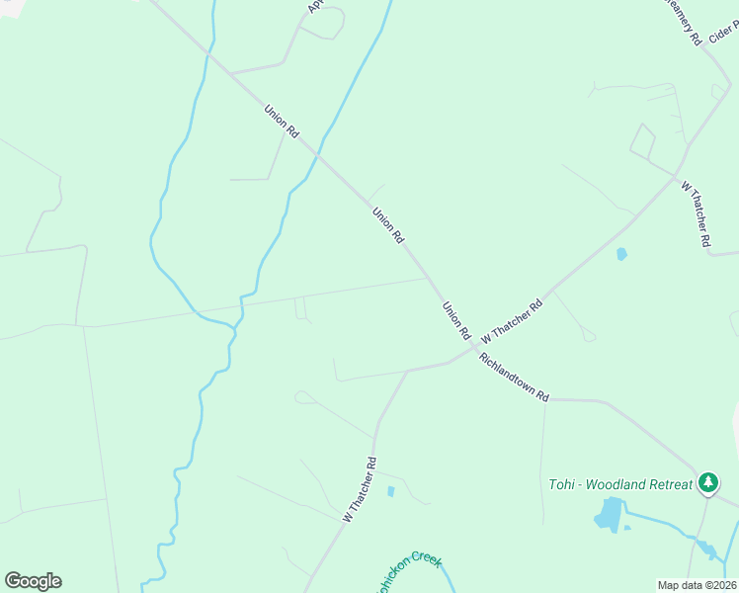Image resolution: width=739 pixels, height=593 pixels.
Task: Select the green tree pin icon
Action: [707, 482]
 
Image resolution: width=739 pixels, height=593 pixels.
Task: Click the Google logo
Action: [33, 581]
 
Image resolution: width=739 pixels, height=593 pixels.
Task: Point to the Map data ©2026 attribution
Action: [696, 585]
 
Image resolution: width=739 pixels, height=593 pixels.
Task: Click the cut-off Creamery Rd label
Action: [683, 20]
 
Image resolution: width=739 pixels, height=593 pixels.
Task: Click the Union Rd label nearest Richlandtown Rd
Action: [456, 321]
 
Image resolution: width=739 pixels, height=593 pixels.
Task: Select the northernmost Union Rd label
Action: [282, 120]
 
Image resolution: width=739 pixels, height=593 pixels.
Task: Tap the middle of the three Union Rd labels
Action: [388, 225]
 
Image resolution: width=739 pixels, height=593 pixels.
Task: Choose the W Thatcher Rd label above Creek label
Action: [360, 488]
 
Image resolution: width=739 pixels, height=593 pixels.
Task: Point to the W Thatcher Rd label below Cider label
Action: [697, 212]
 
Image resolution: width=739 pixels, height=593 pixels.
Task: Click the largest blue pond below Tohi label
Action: [608, 514]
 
